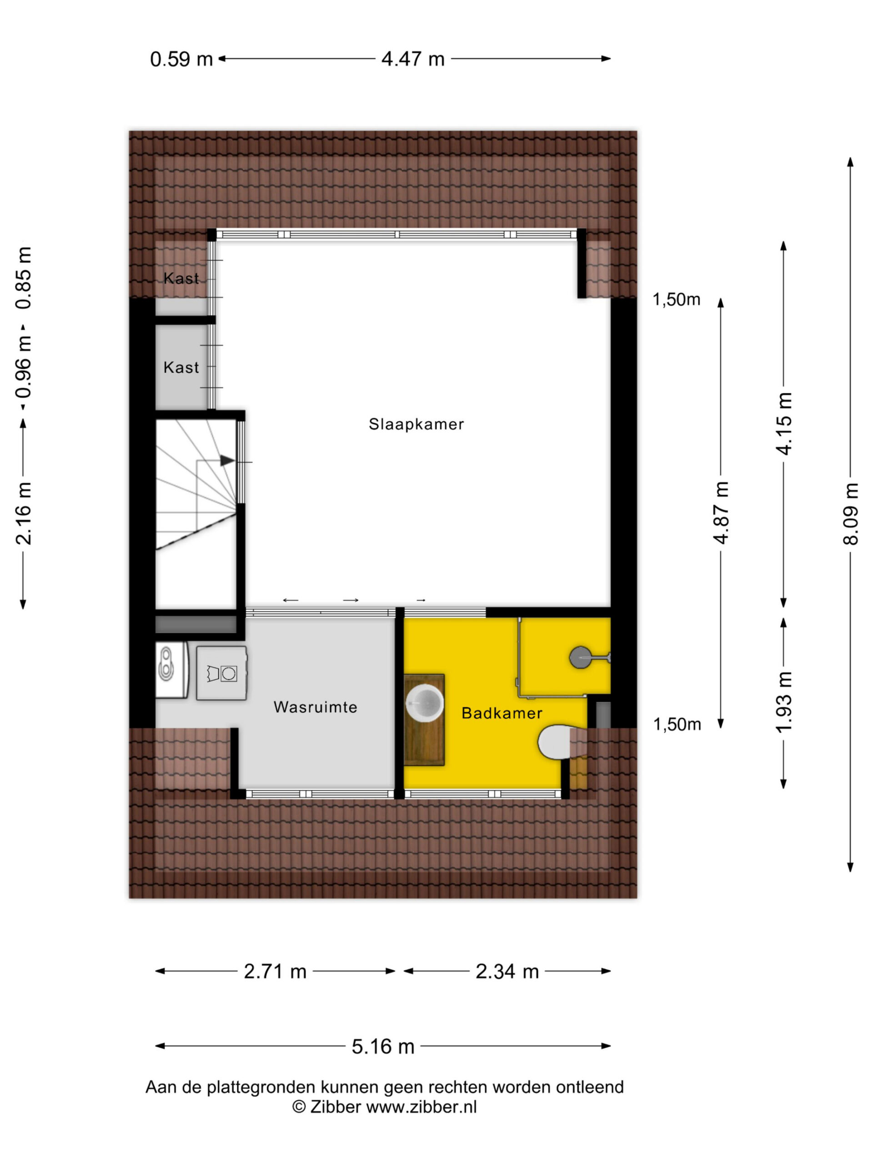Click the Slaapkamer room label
pyautogui.click(x=416, y=424)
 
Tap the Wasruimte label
pyautogui.click(x=315, y=707)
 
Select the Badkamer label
pyautogui.click(x=502, y=713)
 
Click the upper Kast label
pyautogui.click(x=181, y=278)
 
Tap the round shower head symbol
pyautogui.click(x=581, y=657)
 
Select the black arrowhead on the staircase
pyautogui.click(x=227, y=461)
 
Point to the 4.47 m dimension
pyautogui.click(x=413, y=59)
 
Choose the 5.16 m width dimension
pyautogui.click(x=383, y=1046)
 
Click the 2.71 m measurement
pyautogui.click(x=275, y=971)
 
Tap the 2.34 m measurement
pyautogui.click(x=507, y=971)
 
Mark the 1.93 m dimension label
pyautogui.click(x=784, y=702)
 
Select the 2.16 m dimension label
pyautogui.click(x=24, y=513)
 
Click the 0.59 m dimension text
pyautogui.click(x=181, y=59)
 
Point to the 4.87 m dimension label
pyautogui.click(x=722, y=513)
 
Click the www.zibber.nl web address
pyautogui.click(x=421, y=1107)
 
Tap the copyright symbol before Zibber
pyautogui.click(x=299, y=1107)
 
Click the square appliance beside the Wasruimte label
pyautogui.click(x=221, y=673)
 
